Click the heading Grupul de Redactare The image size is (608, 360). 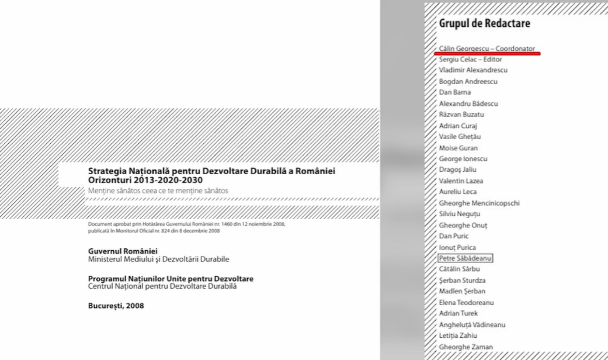pyautogui.click(x=484, y=23)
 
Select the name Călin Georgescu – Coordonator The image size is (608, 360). pyautogui.click(x=487, y=48)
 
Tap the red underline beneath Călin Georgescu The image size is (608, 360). pyautogui.click(x=487, y=53)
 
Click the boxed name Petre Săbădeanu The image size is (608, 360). pyautogui.click(x=465, y=258)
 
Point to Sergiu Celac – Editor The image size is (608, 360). pyautogui.click(x=470, y=59)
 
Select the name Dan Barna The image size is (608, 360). pyautogui.click(x=455, y=92)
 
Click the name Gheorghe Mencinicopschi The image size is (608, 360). pyautogui.click(x=479, y=203)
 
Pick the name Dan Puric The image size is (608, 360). pyautogui.click(x=454, y=236)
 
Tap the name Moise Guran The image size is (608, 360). pyautogui.click(x=458, y=148)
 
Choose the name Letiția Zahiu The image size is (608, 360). pyautogui.click(x=458, y=336)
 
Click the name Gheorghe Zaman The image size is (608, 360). pyautogui.click(x=466, y=347)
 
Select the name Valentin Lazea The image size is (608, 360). pyautogui.click(x=461, y=181)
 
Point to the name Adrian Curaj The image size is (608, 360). pyautogui.click(x=458, y=126)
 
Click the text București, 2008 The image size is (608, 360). pyautogui.click(x=116, y=306)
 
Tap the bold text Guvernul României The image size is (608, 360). pyautogui.click(x=123, y=251)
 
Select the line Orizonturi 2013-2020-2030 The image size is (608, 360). pyautogui.click(x=145, y=180)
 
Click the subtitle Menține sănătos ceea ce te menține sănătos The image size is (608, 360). pyautogui.click(x=158, y=191)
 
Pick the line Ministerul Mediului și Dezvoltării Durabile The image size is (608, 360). pyautogui.click(x=158, y=259)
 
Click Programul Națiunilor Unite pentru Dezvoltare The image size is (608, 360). pyautogui.click(x=171, y=279)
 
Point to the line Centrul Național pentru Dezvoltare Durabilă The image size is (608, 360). pyautogui.click(x=162, y=287)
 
